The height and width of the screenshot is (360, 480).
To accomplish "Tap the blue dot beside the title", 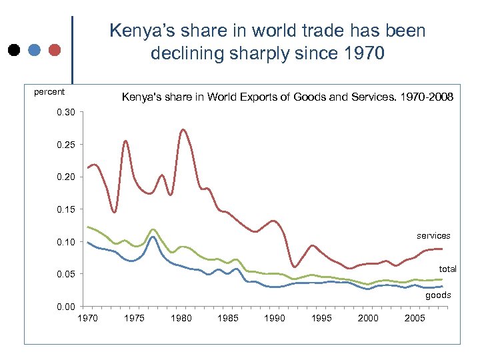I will point(35,50).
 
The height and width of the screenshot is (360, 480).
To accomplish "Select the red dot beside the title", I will point(55,50).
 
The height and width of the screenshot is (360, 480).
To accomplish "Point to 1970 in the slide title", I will point(361,53).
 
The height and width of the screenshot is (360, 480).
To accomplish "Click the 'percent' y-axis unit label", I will point(49,92).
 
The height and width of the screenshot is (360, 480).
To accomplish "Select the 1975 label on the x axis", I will point(134,318).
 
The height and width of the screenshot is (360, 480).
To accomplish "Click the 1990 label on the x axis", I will point(275,318).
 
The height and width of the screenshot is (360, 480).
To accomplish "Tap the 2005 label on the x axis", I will point(415,318).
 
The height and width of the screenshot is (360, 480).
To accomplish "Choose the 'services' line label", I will point(433,235).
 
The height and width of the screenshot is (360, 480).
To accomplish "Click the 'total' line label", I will point(447,269).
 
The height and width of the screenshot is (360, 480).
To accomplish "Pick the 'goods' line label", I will point(438,295).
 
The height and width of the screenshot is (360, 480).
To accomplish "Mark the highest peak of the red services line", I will point(183,129).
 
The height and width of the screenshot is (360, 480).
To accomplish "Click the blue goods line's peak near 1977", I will point(153,237).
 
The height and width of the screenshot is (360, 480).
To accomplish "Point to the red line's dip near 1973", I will point(115,212).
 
